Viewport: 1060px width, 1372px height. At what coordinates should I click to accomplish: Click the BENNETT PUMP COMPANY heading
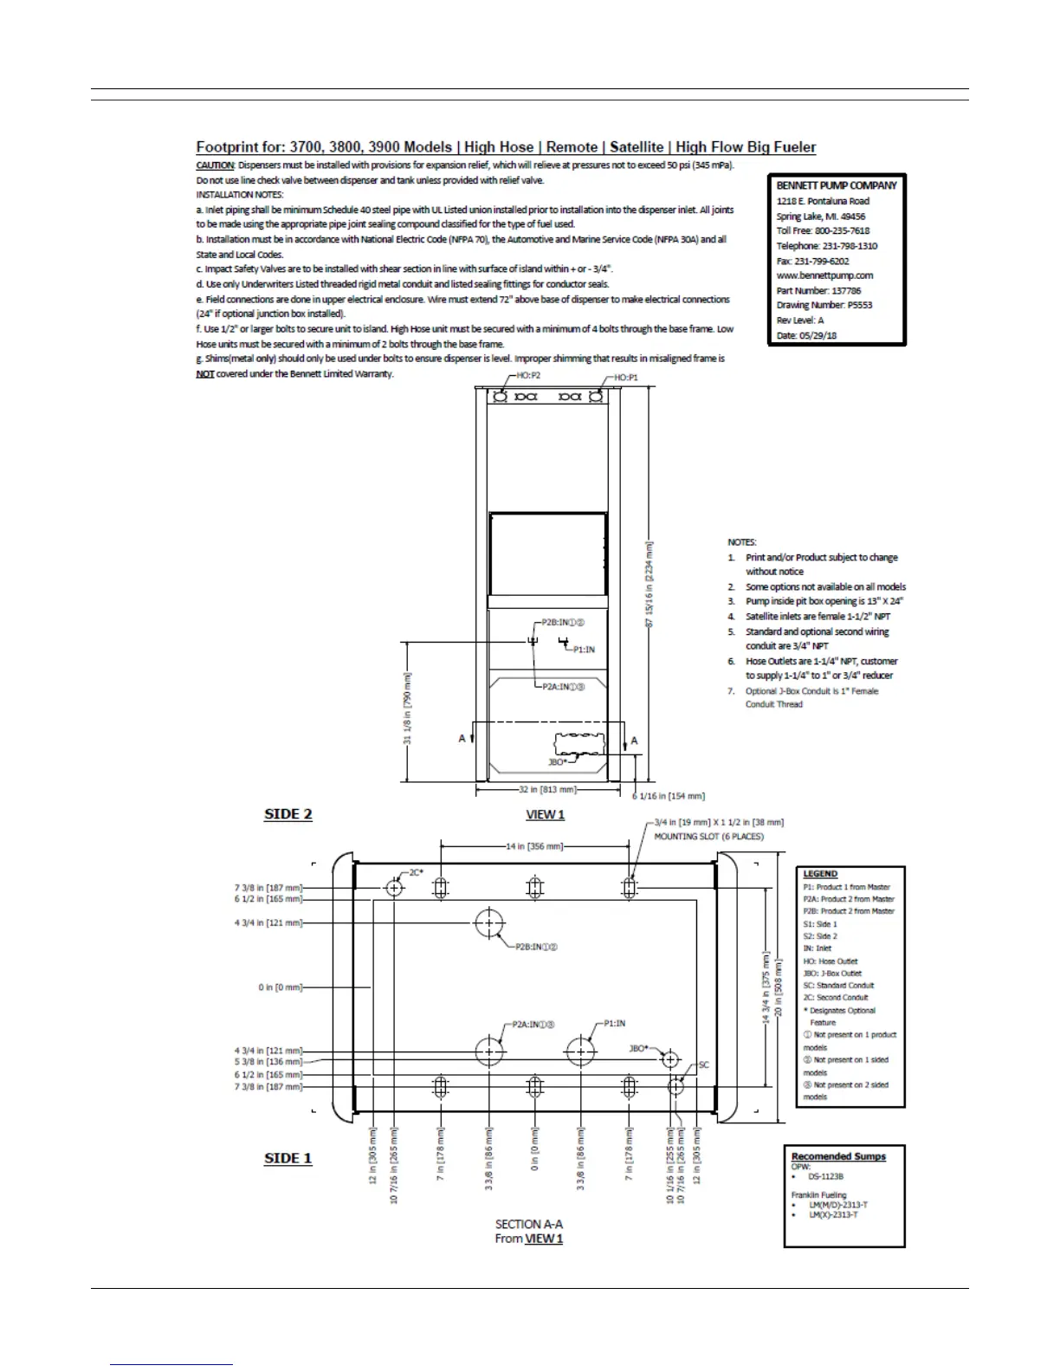(x=836, y=185)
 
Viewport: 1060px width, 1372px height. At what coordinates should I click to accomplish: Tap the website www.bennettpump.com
(x=824, y=275)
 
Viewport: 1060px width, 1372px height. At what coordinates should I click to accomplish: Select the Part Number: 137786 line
(x=818, y=290)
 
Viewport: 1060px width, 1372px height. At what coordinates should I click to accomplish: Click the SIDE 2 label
(x=288, y=814)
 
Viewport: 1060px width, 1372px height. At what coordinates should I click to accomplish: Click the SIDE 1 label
(x=288, y=1158)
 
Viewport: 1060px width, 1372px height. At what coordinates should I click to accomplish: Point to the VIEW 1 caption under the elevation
(x=546, y=814)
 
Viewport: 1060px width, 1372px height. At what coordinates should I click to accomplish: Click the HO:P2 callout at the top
(x=528, y=377)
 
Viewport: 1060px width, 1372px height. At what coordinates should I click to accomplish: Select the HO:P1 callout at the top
(x=626, y=378)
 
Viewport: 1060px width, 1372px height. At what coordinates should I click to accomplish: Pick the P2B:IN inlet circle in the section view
(x=489, y=923)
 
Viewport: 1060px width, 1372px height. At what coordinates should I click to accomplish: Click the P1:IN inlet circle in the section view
(x=581, y=1052)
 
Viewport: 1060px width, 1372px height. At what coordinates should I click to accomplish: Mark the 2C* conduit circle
(x=395, y=888)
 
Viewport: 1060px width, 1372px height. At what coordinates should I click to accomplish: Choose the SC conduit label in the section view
(x=703, y=1065)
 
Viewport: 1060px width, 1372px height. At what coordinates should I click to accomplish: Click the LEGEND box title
(x=820, y=874)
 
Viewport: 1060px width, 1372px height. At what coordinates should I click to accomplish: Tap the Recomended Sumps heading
(x=838, y=1156)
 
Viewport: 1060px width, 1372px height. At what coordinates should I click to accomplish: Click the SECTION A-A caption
(x=529, y=1224)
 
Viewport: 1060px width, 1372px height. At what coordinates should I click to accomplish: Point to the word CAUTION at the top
(x=215, y=165)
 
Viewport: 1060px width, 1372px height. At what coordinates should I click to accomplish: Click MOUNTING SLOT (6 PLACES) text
(x=708, y=837)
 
